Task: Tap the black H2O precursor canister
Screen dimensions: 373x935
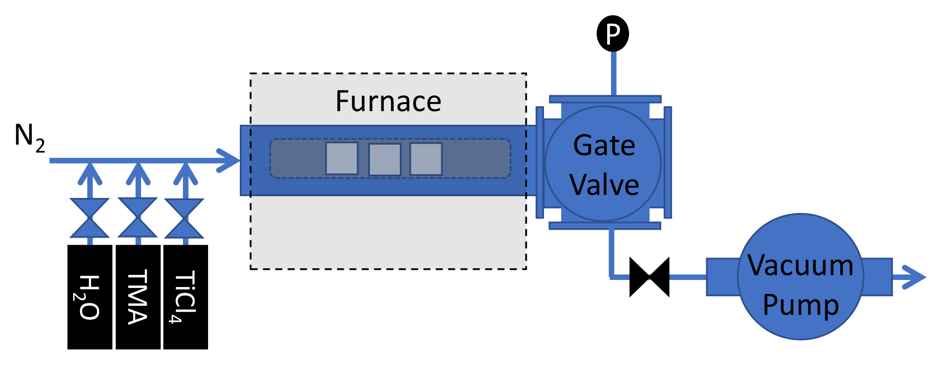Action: click(x=89, y=297)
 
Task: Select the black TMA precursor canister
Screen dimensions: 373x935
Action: click(x=138, y=297)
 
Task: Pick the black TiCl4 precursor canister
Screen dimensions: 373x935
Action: click(x=186, y=297)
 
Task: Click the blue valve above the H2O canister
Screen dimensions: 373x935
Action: click(x=89, y=218)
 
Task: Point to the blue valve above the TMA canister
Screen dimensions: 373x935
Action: click(x=138, y=217)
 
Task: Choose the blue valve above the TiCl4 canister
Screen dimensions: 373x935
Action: click(x=184, y=218)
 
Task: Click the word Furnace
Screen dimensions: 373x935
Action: click(x=388, y=101)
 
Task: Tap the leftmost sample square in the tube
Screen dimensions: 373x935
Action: click(x=342, y=158)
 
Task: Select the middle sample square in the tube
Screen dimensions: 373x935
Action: click(x=384, y=160)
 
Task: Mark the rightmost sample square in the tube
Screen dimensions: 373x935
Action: click(x=426, y=159)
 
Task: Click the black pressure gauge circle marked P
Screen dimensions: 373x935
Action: click(x=613, y=34)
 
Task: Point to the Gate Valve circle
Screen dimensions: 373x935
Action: click(x=603, y=164)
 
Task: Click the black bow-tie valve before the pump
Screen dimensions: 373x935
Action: click(x=649, y=277)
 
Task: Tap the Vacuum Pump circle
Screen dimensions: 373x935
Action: click(x=801, y=277)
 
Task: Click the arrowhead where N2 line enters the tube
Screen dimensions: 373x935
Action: click(x=229, y=160)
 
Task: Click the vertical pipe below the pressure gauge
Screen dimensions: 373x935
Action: click(x=613, y=73)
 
